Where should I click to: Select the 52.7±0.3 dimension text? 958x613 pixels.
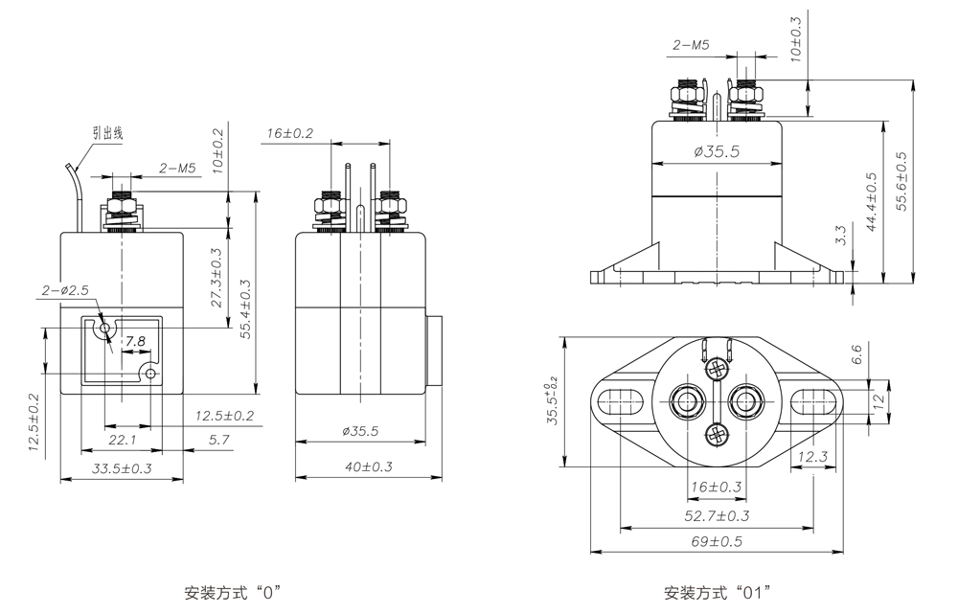coord(717,516)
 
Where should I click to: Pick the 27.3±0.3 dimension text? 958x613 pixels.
coord(217,278)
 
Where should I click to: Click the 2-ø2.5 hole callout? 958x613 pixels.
coord(65,289)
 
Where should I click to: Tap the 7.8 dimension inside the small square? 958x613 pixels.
coord(136,342)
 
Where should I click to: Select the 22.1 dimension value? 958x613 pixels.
coord(122,440)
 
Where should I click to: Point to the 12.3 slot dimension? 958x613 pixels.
coord(811,457)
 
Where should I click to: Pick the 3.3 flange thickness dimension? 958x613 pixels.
coord(840,236)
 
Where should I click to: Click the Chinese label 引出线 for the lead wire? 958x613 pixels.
coord(108,133)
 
